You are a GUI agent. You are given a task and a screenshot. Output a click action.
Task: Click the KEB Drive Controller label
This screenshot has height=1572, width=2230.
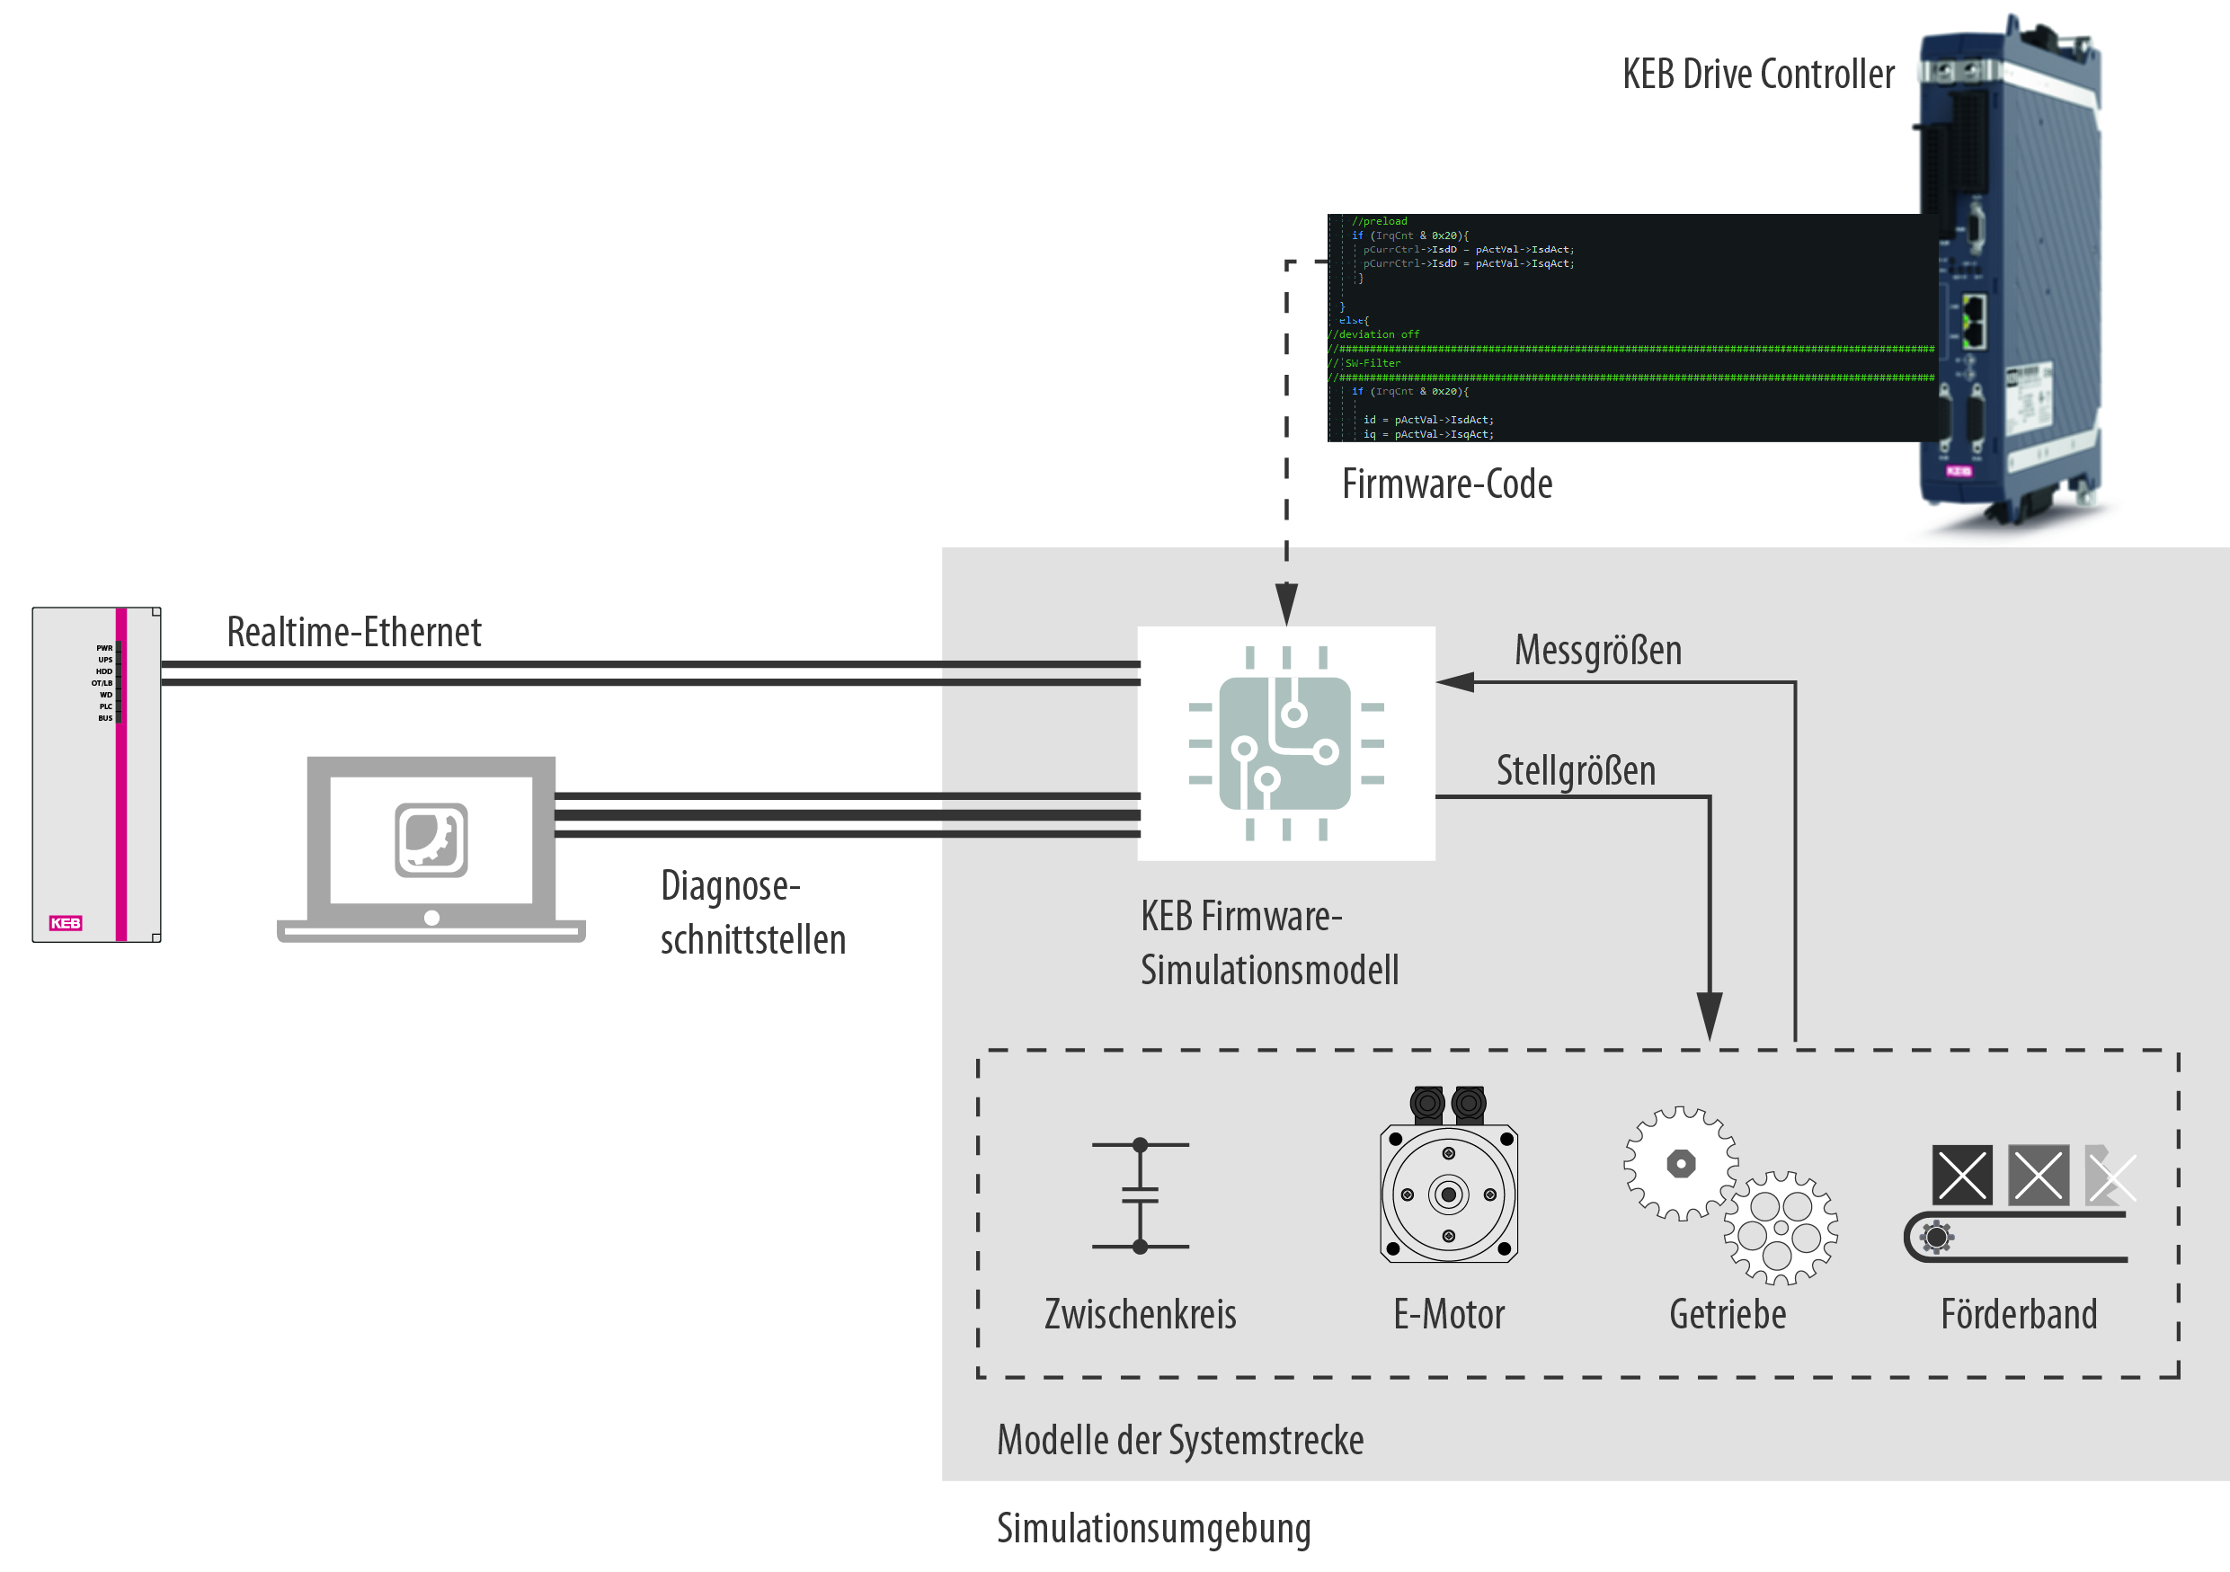[x=1757, y=75]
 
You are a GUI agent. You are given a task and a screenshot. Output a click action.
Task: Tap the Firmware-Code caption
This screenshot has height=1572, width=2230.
[x=1446, y=484]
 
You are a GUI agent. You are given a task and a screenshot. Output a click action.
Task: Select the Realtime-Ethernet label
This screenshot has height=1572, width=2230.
[x=353, y=632]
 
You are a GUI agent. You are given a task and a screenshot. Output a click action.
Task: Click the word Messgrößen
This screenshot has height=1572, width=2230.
[x=1598, y=651]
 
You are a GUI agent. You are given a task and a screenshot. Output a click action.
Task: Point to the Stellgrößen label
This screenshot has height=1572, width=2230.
[x=1576, y=771]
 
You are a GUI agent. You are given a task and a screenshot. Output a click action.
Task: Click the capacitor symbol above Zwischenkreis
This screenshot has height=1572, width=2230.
[x=1141, y=1195]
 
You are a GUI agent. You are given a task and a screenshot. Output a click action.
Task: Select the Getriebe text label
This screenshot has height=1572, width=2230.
[x=1727, y=1315]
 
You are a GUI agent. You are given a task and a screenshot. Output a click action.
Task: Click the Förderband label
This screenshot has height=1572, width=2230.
[x=2018, y=1315]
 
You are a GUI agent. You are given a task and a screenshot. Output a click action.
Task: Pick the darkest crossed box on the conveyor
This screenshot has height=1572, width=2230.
[x=1962, y=1175]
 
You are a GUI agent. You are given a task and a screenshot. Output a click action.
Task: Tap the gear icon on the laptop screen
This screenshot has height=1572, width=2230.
[x=431, y=839]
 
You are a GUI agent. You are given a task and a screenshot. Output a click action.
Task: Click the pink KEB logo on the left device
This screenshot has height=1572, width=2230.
[x=66, y=922]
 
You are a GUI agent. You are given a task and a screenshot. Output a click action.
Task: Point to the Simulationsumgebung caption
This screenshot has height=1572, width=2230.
[x=1153, y=1527]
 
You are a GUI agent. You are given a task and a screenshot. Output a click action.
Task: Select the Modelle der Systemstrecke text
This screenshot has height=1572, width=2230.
[x=1179, y=1440]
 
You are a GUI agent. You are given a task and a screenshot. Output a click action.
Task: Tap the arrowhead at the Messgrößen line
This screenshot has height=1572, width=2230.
[x=1454, y=682]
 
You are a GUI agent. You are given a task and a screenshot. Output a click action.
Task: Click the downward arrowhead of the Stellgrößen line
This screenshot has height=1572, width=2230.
[x=1710, y=1016]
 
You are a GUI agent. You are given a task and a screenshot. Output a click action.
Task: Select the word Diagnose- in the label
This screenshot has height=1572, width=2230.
[x=730, y=886]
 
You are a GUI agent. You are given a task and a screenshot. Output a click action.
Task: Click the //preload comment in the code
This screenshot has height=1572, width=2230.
[x=1379, y=221]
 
